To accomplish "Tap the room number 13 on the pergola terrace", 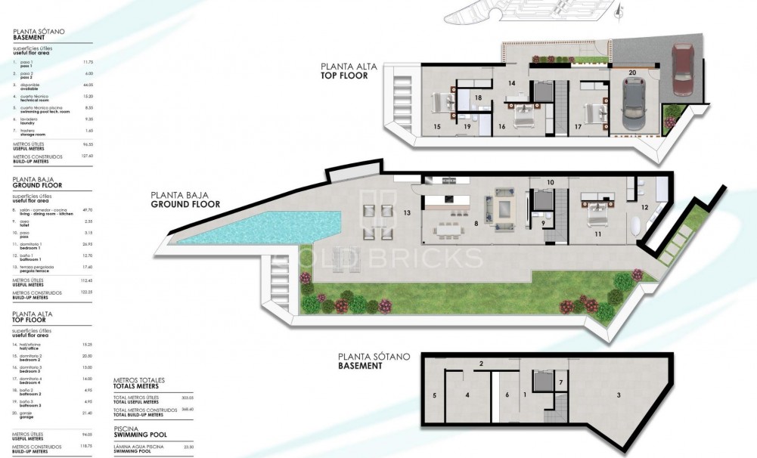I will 407,214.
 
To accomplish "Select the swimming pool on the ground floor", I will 257,227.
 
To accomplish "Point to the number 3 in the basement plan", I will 618,395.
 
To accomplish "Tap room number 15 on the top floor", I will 437,127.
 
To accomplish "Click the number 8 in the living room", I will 476,224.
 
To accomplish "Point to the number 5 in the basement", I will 435,395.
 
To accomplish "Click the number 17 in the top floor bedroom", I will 578,127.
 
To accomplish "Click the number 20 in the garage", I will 632,74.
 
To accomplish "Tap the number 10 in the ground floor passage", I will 550,183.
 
